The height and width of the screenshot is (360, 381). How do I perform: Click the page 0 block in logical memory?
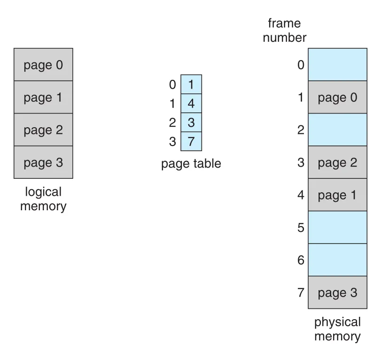43,65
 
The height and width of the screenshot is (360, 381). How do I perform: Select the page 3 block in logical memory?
43,162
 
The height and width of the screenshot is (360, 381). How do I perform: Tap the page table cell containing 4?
191,103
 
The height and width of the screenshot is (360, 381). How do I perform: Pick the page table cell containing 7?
191,142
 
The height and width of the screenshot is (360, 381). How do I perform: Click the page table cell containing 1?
191,84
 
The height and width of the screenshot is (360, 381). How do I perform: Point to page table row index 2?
172,123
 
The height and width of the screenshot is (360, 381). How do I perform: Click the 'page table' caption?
191,164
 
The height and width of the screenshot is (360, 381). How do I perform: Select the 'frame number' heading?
285,31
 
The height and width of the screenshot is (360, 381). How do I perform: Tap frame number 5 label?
301,228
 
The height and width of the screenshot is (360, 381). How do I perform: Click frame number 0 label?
301,65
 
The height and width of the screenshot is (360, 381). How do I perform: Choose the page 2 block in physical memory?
337,162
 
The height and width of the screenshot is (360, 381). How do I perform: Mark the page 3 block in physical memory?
337,292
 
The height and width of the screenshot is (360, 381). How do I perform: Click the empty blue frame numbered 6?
337,260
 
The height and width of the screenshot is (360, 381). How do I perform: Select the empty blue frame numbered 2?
337,130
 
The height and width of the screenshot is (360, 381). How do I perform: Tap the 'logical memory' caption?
43,199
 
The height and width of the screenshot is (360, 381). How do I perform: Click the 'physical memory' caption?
337,329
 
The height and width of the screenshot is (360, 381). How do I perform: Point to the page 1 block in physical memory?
337,195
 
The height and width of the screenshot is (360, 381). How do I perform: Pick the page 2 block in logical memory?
43,130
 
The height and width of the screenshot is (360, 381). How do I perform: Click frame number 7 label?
301,292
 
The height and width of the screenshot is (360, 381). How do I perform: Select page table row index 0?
172,84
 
